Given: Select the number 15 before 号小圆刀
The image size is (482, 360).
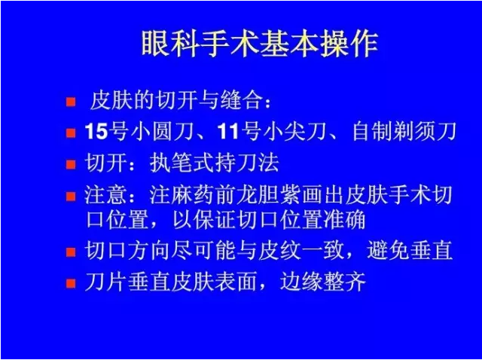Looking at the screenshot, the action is click(96, 132).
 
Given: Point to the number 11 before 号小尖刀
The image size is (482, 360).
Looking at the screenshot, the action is click(227, 132).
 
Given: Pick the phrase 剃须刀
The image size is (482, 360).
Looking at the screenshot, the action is click(425, 132).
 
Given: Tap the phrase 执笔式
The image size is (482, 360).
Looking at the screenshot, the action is click(182, 163).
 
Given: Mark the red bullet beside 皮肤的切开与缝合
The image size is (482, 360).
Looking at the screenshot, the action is click(71, 102).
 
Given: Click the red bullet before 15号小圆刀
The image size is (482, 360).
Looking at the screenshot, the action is click(71, 133).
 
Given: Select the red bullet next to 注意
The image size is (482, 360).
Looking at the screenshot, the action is click(71, 196).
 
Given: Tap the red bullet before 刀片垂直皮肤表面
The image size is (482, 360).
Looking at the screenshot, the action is click(71, 283).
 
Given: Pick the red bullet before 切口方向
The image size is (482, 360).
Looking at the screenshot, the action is click(71, 252).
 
